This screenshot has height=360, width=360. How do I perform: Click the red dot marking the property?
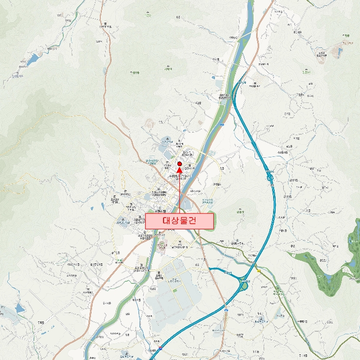179,164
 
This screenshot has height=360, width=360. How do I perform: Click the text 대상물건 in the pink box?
179,221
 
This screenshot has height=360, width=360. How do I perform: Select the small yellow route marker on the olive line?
258,271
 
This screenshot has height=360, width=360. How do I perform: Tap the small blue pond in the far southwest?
19,309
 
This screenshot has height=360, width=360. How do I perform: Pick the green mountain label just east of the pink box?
238,211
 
